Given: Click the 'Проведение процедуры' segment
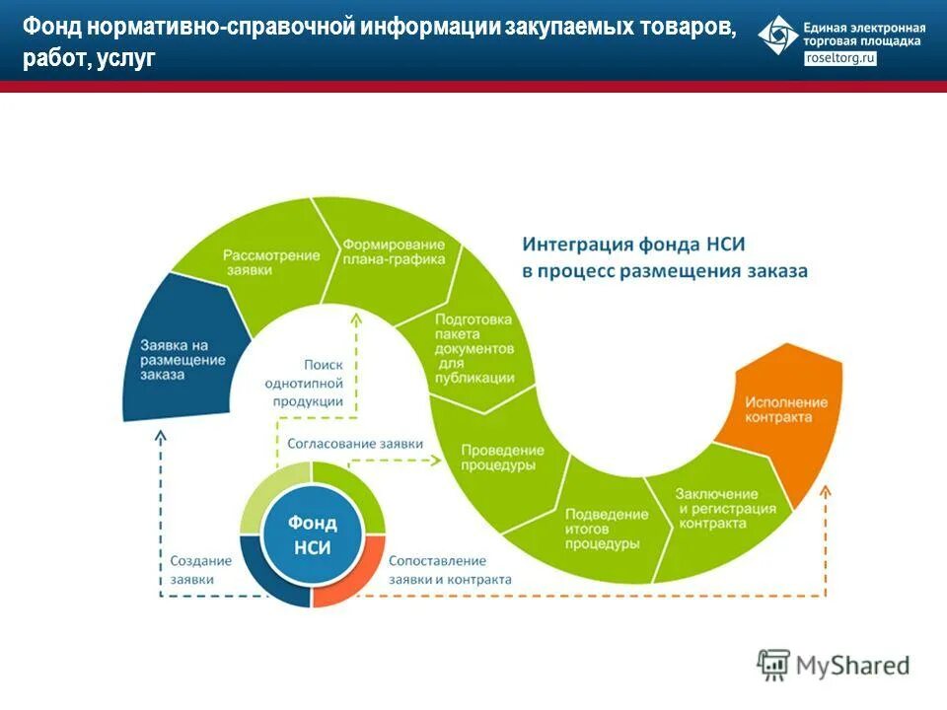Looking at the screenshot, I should (x=499, y=457).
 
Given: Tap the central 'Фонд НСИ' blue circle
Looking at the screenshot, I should (x=312, y=535).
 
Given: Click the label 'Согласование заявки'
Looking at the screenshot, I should (x=354, y=444).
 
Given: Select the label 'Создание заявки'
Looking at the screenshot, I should (x=201, y=570).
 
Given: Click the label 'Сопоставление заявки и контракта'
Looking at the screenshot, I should (x=450, y=570).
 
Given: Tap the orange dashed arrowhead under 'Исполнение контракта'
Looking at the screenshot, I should (x=826, y=490).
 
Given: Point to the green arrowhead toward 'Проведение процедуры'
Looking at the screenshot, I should (x=440, y=461).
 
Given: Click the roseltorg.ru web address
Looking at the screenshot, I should (x=840, y=59).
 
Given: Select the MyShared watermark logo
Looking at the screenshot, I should (x=834, y=666).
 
